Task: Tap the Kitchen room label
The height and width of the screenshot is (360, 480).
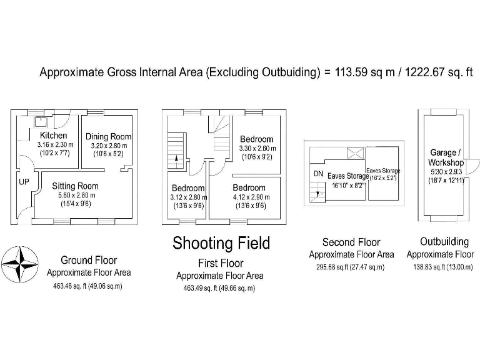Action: point(53,136)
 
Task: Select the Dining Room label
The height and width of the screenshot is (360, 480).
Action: point(108,137)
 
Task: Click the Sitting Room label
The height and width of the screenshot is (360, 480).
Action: point(75,186)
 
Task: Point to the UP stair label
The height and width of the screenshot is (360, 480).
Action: point(24,181)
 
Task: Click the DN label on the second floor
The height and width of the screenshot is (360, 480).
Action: point(317,174)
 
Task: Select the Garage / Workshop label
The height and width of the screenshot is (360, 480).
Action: point(446,157)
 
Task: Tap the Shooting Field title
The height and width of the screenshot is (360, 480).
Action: point(221,243)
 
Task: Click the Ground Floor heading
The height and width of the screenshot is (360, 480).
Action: point(88,260)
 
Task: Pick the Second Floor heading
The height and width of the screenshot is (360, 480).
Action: point(351,242)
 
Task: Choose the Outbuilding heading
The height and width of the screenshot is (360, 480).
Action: point(444,242)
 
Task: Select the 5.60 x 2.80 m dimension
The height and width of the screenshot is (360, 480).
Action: point(76,194)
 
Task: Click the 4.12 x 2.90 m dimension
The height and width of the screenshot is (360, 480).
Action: point(250,197)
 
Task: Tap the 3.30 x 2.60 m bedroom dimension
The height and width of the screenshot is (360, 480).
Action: point(257,149)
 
